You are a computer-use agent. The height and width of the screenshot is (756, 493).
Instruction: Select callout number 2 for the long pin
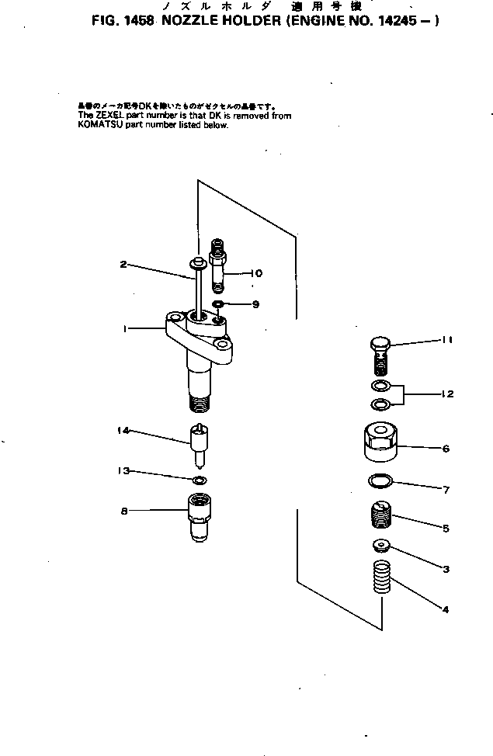[x=123, y=265]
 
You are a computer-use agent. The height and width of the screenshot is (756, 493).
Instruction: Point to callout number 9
[x=255, y=303]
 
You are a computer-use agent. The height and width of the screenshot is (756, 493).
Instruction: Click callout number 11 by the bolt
[x=447, y=340]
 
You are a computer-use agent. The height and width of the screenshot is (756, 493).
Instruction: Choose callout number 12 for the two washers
[x=447, y=394]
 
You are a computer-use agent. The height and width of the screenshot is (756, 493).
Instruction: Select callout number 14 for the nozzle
[x=123, y=431]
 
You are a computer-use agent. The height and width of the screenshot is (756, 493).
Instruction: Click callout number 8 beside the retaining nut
[x=123, y=511]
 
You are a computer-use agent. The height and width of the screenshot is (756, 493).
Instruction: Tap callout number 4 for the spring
[x=446, y=610]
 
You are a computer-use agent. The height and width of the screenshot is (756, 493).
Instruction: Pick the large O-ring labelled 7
[x=380, y=482]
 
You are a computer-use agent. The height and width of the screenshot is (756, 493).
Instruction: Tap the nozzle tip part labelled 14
[x=200, y=446]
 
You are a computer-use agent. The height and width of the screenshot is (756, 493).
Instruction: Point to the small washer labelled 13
[x=200, y=480]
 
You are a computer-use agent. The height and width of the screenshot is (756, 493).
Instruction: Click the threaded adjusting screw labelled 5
[x=380, y=513]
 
